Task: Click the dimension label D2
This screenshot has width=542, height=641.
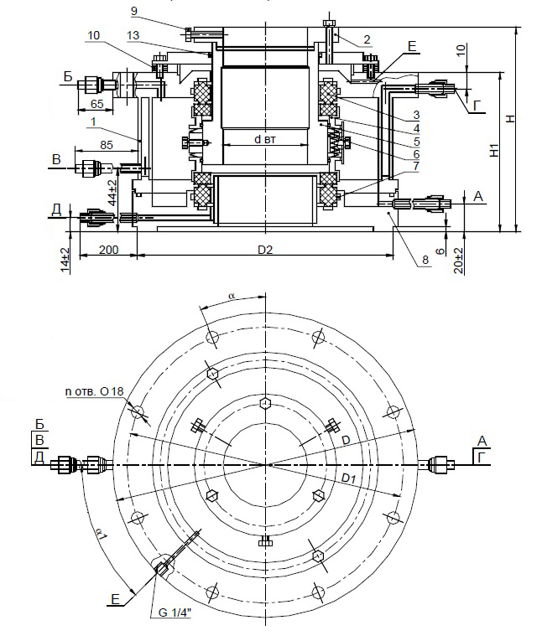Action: point(264,250)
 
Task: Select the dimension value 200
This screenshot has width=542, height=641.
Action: point(107,250)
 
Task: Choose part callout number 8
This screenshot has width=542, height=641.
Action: point(425,261)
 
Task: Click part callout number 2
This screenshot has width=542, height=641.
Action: point(367,40)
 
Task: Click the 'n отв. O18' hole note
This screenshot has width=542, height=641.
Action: point(92,392)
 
